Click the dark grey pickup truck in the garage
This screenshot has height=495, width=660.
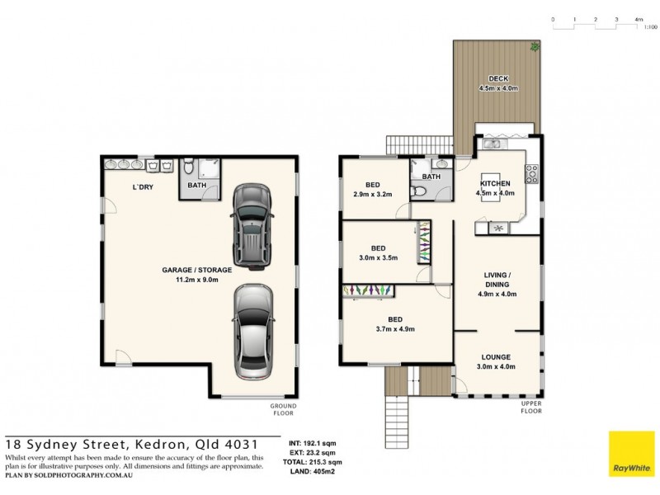[252, 224]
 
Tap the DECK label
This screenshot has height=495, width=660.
[497, 79]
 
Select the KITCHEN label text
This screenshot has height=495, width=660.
[496, 183]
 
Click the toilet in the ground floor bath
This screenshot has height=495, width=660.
[189, 168]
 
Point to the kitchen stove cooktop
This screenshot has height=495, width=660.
[532, 173]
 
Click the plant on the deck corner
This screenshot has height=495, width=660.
[535, 47]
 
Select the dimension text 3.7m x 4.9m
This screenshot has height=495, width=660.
[395, 328]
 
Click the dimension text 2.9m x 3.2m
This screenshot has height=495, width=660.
[367, 195]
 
